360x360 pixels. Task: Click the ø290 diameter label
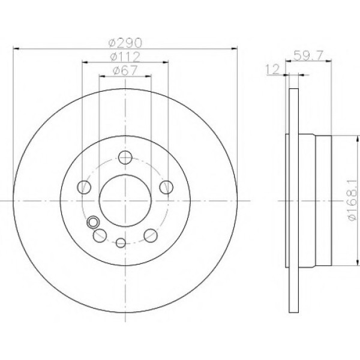(125, 43)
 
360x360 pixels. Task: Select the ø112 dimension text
(125, 57)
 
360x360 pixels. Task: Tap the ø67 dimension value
(125, 71)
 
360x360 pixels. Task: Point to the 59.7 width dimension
(305, 56)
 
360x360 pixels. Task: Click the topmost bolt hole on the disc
(125, 158)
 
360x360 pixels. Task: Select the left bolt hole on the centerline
(85, 187)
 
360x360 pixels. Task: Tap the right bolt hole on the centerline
(165, 187)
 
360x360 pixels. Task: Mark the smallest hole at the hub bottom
(121, 242)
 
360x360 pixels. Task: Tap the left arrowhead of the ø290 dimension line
(15, 48)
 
